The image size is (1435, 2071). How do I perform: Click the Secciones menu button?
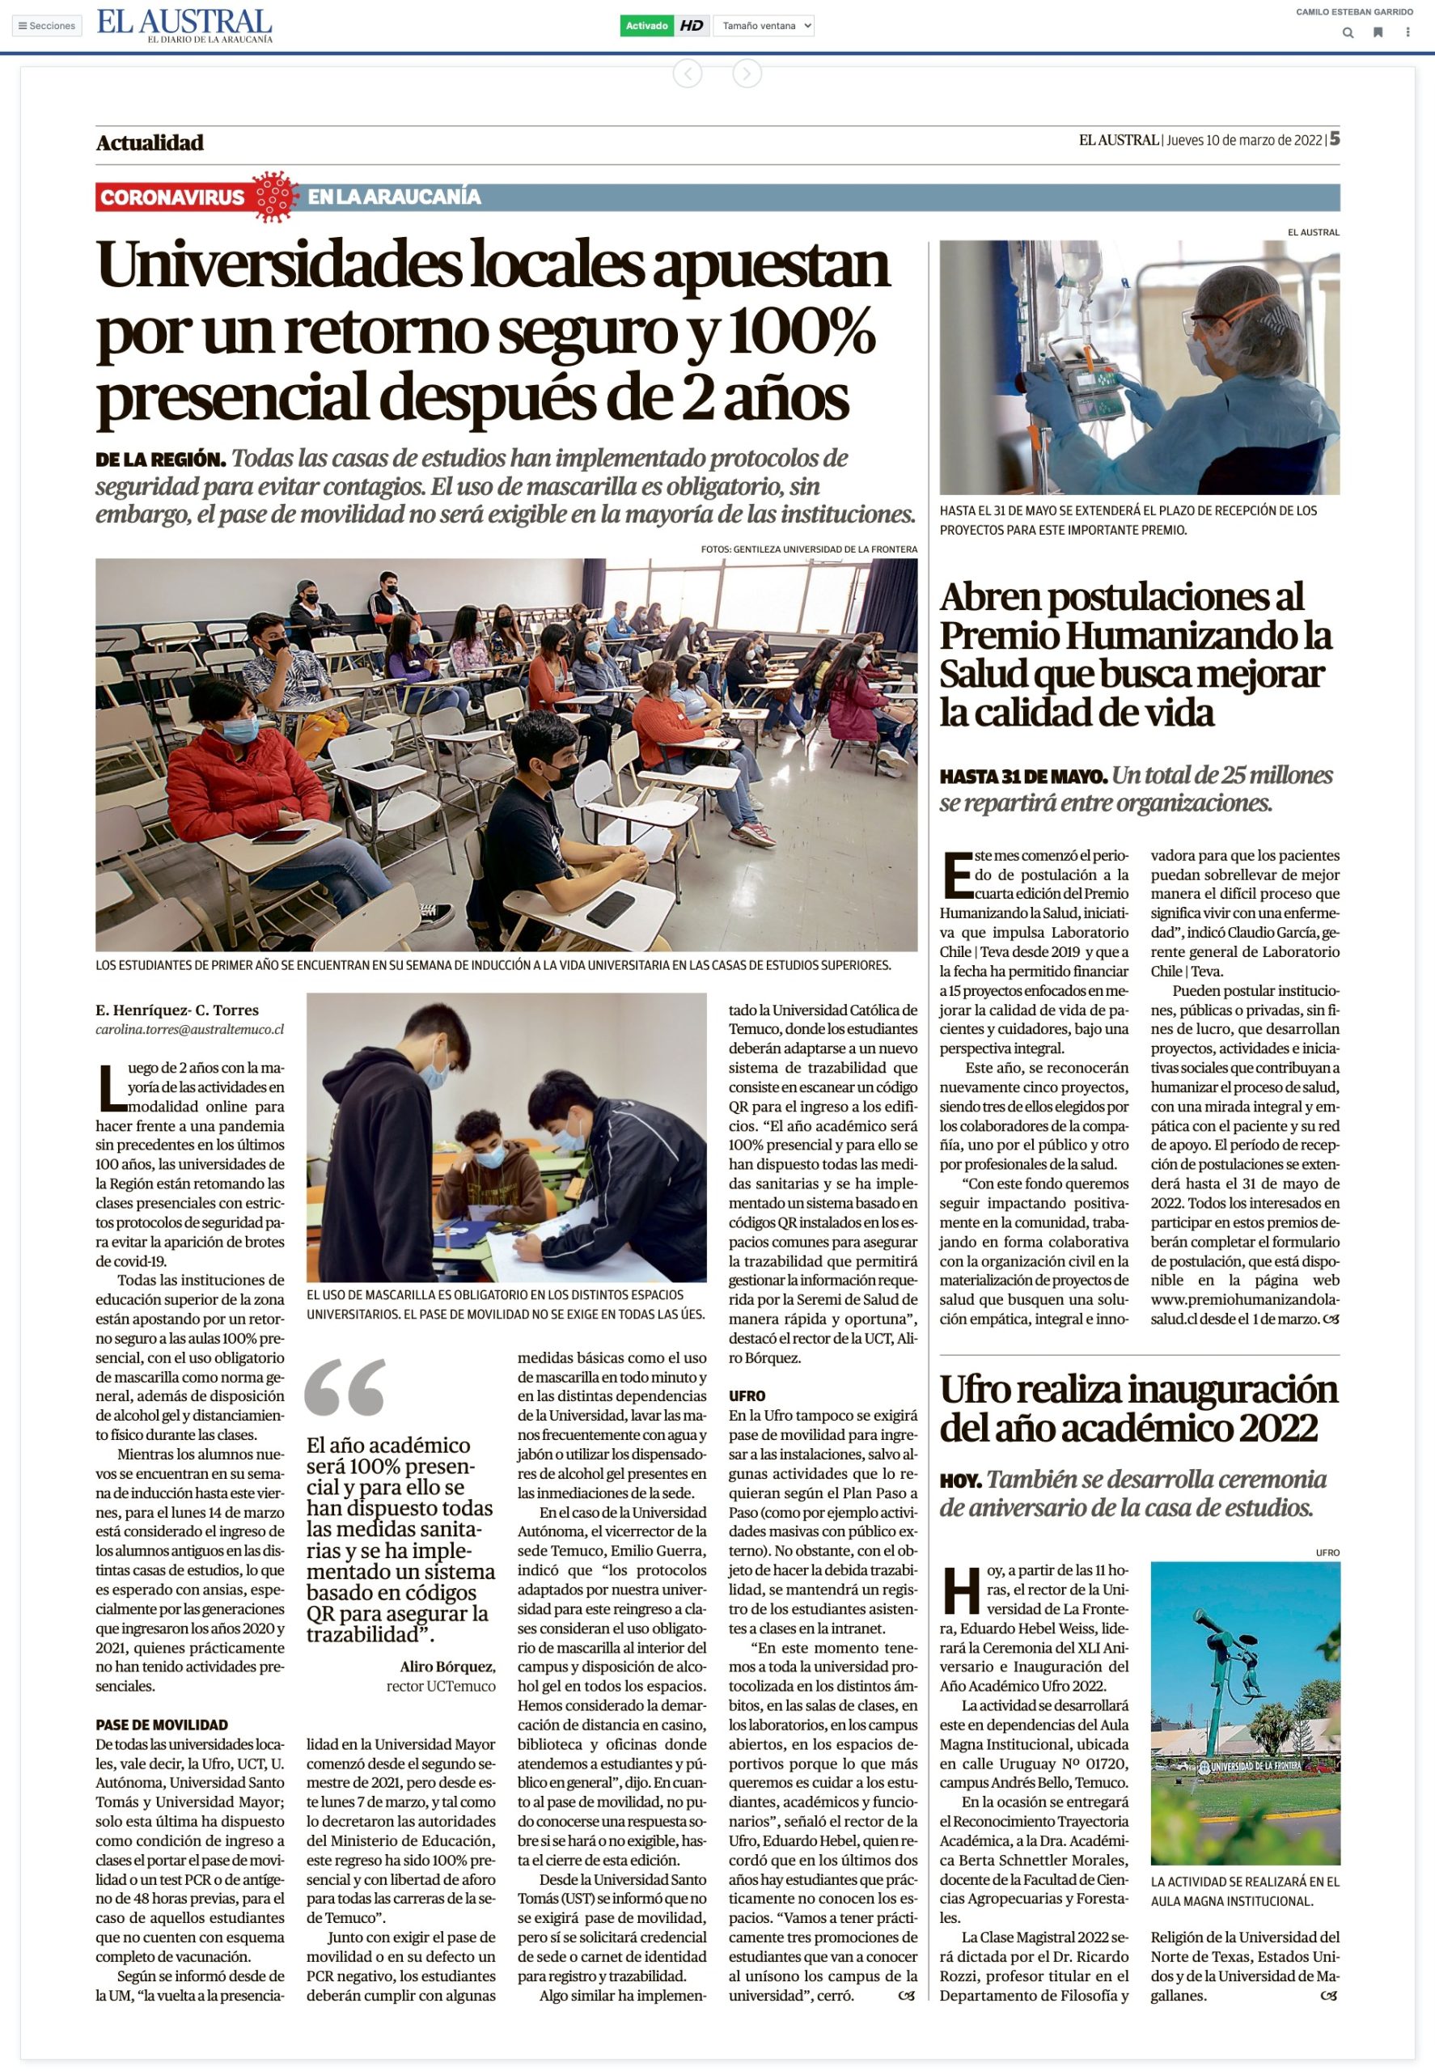[x=47, y=26]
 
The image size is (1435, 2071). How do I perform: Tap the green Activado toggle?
[x=646, y=26]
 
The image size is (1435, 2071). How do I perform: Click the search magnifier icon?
[x=1347, y=33]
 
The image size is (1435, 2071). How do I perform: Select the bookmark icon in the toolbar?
[x=1377, y=33]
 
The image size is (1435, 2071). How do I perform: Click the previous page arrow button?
[x=687, y=74]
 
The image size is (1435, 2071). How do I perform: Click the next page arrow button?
[x=747, y=74]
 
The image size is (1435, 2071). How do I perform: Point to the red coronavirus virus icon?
[x=275, y=197]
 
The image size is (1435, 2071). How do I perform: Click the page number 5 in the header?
[x=1336, y=138]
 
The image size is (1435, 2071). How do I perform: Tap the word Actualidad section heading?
[x=150, y=142]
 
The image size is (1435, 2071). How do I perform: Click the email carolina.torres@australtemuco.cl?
[x=190, y=1029]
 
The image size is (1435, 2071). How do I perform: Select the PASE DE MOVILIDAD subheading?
[x=161, y=1725]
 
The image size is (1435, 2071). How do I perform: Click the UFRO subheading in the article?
[x=747, y=1395]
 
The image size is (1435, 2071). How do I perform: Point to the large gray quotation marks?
[x=345, y=1387]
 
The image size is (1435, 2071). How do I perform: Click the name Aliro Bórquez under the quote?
[x=447, y=1667]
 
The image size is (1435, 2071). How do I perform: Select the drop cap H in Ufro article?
[x=960, y=1590]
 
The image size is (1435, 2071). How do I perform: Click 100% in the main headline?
[x=801, y=331]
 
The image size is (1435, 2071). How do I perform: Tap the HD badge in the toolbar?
[x=692, y=26]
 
